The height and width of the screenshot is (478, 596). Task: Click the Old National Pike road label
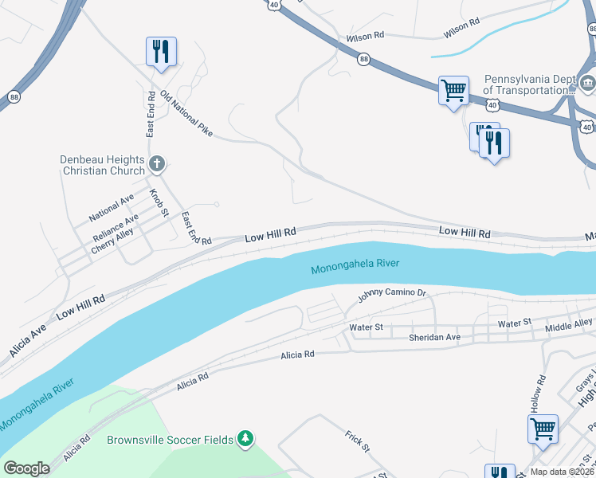186,113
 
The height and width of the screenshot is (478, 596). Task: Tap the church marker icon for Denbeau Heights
157,165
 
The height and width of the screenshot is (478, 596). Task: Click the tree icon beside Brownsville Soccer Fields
246,439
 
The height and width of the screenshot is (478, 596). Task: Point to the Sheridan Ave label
434,338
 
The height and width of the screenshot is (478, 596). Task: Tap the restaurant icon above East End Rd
161,52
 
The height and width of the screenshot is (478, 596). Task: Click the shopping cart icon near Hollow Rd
543,429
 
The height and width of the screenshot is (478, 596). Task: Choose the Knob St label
159,202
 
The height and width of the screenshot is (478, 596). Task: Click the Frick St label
358,441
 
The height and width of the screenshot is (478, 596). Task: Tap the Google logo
26,468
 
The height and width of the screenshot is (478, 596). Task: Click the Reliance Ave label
115,228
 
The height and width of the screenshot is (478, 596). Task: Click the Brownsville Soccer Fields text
171,440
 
